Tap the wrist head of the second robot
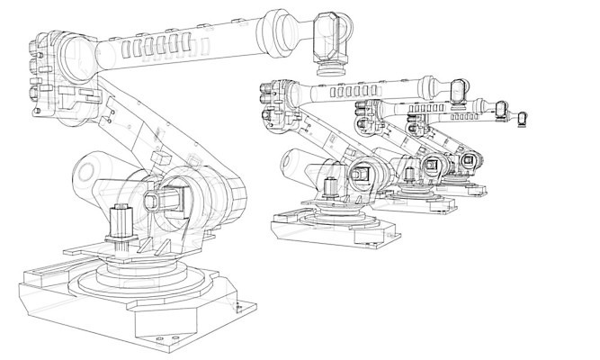457,92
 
